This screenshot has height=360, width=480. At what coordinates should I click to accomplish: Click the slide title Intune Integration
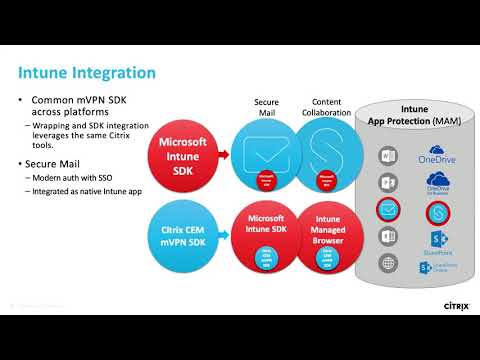click(88, 73)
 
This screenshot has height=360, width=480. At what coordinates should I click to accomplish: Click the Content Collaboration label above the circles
click(326, 108)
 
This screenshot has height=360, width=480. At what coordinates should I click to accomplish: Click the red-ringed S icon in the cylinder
click(437, 211)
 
